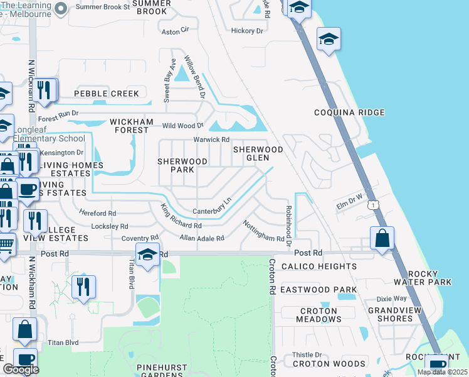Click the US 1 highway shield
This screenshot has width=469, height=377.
(374, 205)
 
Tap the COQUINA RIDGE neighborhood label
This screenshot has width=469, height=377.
(349, 113)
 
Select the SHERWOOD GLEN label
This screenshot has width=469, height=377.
(258, 153)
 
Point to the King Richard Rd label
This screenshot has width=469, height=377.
(180, 217)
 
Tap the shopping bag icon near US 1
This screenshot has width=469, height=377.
(382, 239)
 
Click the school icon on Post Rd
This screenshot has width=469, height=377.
(147, 254)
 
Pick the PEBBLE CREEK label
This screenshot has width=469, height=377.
(107, 94)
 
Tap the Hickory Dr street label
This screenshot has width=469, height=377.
(247, 31)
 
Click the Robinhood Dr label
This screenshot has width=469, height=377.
(289, 221)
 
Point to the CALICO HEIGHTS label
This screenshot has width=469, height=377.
(319, 266)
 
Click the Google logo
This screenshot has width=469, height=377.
(21, 369)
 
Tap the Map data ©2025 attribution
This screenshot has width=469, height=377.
(441, 372)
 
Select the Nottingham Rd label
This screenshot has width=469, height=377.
(263, 231)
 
